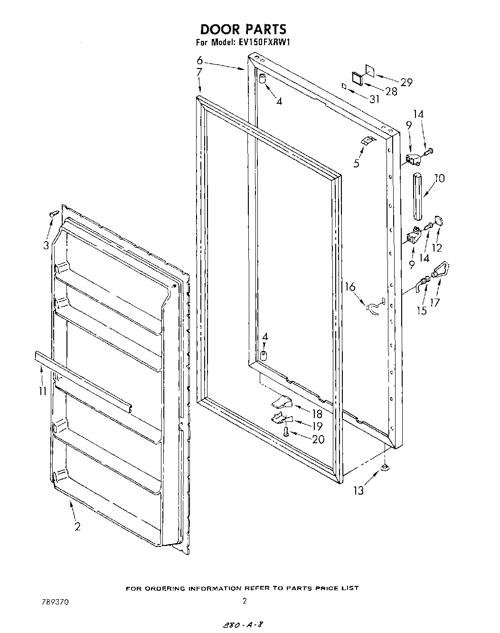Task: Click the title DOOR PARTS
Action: [x=243, y=29]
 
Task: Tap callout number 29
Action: [x=406, y=82]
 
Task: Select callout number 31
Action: [x=375, y=99]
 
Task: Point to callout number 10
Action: [x=439, y=178]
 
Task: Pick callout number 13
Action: [x=358, y=490]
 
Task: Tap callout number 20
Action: [x=318, y=439]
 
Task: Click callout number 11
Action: [x=43, y=391]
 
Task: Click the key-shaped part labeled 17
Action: [x=440, y=273]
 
